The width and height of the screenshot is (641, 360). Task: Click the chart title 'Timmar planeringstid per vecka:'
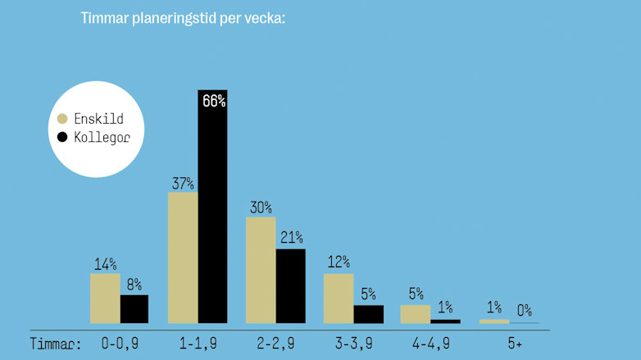click(x=183, y=18)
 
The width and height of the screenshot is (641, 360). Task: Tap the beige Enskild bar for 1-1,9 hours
click(x=183, y=257)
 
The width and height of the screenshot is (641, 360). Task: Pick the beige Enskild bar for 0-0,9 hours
click(x=105, y=298)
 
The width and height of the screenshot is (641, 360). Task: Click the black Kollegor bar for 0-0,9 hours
click(x=134, y=309)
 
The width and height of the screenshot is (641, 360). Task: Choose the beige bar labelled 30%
click(x=261, y=270)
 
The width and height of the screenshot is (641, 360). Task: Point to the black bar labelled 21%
click(x=290, y=285)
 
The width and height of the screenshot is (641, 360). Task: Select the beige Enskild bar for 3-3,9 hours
click(x=339, y=298)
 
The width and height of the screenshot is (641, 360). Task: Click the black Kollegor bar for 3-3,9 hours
click(x=368, y=314)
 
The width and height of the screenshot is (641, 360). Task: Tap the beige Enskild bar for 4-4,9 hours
click(x=415, y=314)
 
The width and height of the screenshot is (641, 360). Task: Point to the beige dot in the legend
click(x=62, y=118)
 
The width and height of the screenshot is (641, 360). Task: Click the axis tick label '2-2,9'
click(x=275, y=344)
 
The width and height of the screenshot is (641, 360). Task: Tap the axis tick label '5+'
click(x=514, y=344)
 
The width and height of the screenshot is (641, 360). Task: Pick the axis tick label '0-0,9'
click(x=120, y=344)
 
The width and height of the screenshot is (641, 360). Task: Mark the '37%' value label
click(x=182, y=182)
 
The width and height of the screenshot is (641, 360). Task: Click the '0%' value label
click(x=525, y=311)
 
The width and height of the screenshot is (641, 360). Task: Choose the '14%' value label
click(x=105, y=264)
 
